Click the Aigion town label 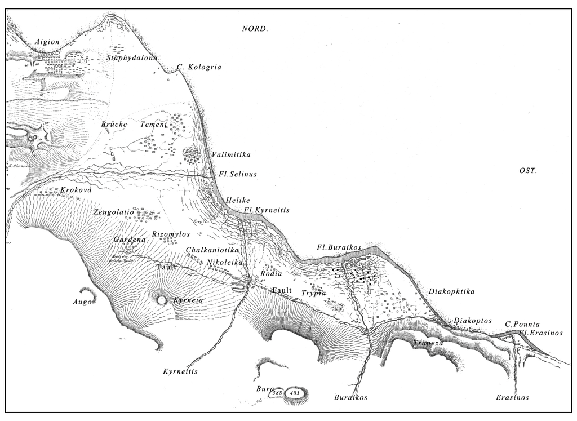pyautogui.click(x=47, y=42)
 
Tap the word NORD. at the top pyautogui.click(x=255, y=29)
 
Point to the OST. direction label pyautogui.click(x=528, y=171)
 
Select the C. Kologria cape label pyautogui.click(x=199, y=67)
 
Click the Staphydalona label pyautogui.click(x=132, y=58)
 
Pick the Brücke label pyautogui.click(x=114, y=124)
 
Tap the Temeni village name pyautogui.click(x=154, y=124)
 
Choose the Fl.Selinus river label pyautogui.click(x=237, y=175)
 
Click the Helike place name pyautogui.click(x=238, y=200)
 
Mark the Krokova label pyautogui.click(x=76, y=190)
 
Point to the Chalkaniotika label pyautogui.click(x=212, y=250)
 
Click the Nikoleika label pyautogui.click(x=224, y=262)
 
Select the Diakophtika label pyautogui.click(x=451, y=292)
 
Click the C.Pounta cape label pyautogui.click(x=522, y=324)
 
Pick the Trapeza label pyautogui.click(x=428, y=343)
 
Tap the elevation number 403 pyautogui.click(x=294, y=392)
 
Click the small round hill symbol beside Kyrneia pyautogui.click(x=162, y=300)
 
